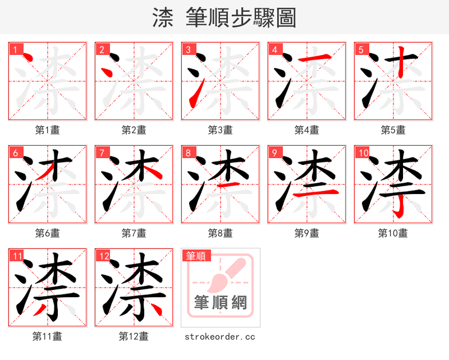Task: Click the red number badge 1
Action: click(15, 49)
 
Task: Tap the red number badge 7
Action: click(101, 153)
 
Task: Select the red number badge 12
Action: click(103, 256)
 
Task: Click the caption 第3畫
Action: click(220, 130)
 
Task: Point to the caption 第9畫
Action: click(306, 233)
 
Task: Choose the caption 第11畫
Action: click(47, 336)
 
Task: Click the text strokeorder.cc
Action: click(220, 336)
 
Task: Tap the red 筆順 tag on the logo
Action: click(196, 256)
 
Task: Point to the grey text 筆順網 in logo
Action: click(220, 302)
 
